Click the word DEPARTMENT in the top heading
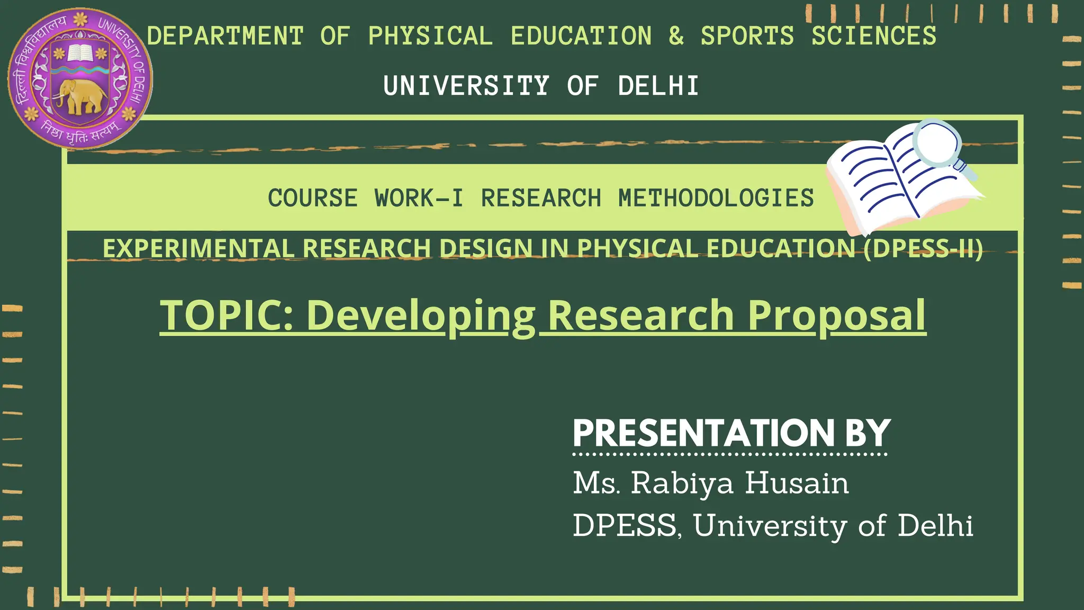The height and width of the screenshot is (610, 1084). [x=225, y=36]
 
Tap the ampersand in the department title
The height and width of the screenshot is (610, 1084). [x=676, y=36]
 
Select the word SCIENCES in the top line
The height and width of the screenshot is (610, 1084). [x=874, y=36]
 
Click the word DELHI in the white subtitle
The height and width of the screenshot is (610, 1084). [x=658, y=86]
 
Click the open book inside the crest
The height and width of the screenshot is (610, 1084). [x=80, y=53]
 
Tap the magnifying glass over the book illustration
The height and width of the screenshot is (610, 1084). [x=938, y=142]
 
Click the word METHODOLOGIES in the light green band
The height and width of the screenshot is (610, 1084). [x=716, y=198]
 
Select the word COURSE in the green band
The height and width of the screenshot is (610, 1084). [x=313, y=198]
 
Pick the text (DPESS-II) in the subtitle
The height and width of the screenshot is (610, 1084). [x=923, y=248]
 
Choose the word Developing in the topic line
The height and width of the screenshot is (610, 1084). [x=421, y=316]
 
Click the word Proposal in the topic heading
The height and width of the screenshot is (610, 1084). [x=837, y=316]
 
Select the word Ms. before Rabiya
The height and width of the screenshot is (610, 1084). [x=596, y=483]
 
